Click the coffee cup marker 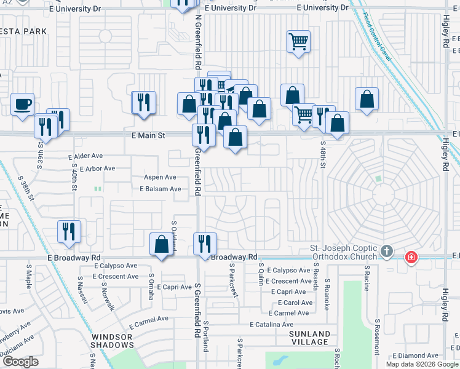pyautogui.click(x=23, y=104)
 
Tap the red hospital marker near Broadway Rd pyautogui.click(x=410, y=257)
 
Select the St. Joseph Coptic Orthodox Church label pyautogui.click(x=345, y=253)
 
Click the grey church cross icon pyautogui.click(x=386, y=251)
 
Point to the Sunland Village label pyautogui.click(x=311, y=338)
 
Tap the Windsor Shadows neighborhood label pyautogui.click(x=113, y=341)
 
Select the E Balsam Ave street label pyautogui.click(x=160, y=189)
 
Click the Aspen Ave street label pyautogui.click(x=160, y=177)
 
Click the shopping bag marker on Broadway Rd pyautogui.click(x=161, y=244)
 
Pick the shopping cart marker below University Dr pyautogui.click(x=298, y=42)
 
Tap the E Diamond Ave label pyautogui.click(x=417, y=355)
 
